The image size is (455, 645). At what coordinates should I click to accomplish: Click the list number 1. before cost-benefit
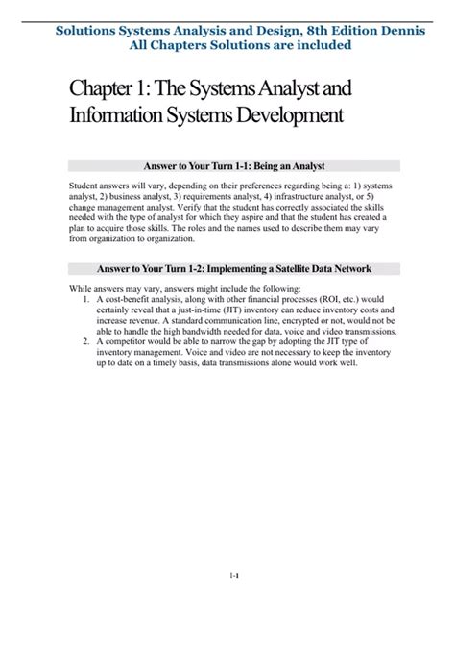click(x=86, y=299)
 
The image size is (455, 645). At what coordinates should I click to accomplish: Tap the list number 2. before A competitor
click(x=86, y=341)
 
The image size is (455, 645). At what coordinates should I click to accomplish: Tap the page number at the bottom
click(x=234, y=576)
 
